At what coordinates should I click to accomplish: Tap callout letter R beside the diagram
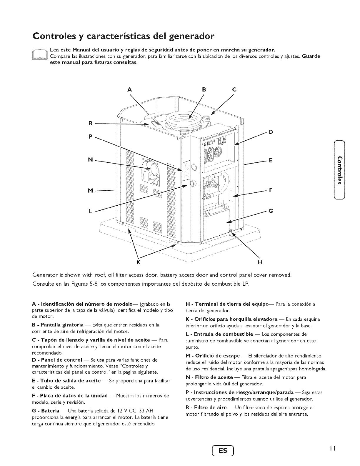tap(91, 123)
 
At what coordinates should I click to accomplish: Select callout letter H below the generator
tap(260, 262)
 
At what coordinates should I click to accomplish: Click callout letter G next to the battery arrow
tap(271, 211)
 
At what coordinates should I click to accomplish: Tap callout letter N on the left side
tap(91, 160)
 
